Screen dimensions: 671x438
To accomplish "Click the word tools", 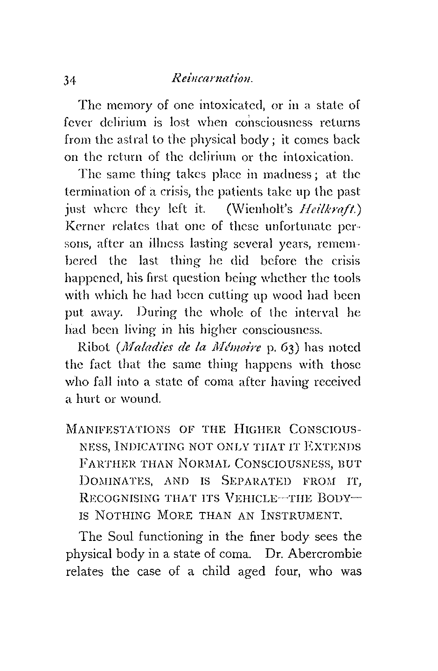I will pos(345,278).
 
